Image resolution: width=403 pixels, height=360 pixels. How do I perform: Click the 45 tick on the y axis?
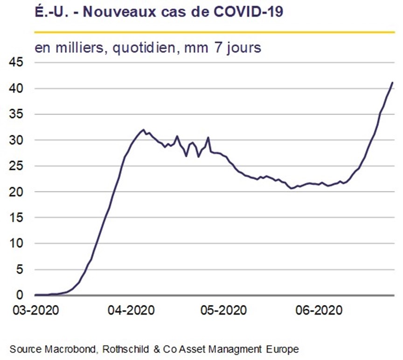coord(16,62)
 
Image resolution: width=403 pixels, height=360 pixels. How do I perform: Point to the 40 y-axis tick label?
coord(16,89)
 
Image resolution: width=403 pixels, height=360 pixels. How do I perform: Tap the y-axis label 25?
coord(16,166)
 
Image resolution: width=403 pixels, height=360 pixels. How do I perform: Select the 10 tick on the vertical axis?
coord(16,243)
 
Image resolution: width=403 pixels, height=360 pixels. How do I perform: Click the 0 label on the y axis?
coord(20,295)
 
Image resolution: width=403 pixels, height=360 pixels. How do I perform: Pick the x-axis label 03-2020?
coord(36,311)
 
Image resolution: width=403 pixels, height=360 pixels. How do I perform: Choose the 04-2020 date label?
coord(131,311)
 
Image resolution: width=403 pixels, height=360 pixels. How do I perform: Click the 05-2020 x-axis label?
coord(223,311)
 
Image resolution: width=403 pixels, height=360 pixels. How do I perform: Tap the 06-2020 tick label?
coord(319,311)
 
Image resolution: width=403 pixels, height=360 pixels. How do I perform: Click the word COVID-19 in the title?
coord(248,12)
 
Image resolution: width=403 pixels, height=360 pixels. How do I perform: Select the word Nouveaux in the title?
coord(119,12)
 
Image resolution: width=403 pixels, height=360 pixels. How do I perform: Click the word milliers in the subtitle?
coord(79,48)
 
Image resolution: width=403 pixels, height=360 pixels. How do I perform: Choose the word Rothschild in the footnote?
coord(125,349)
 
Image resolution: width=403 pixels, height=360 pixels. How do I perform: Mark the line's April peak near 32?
coord(143,130)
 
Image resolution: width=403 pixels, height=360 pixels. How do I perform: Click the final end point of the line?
coord(392,82)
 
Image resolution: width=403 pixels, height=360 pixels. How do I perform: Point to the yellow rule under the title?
coord(215,32)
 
